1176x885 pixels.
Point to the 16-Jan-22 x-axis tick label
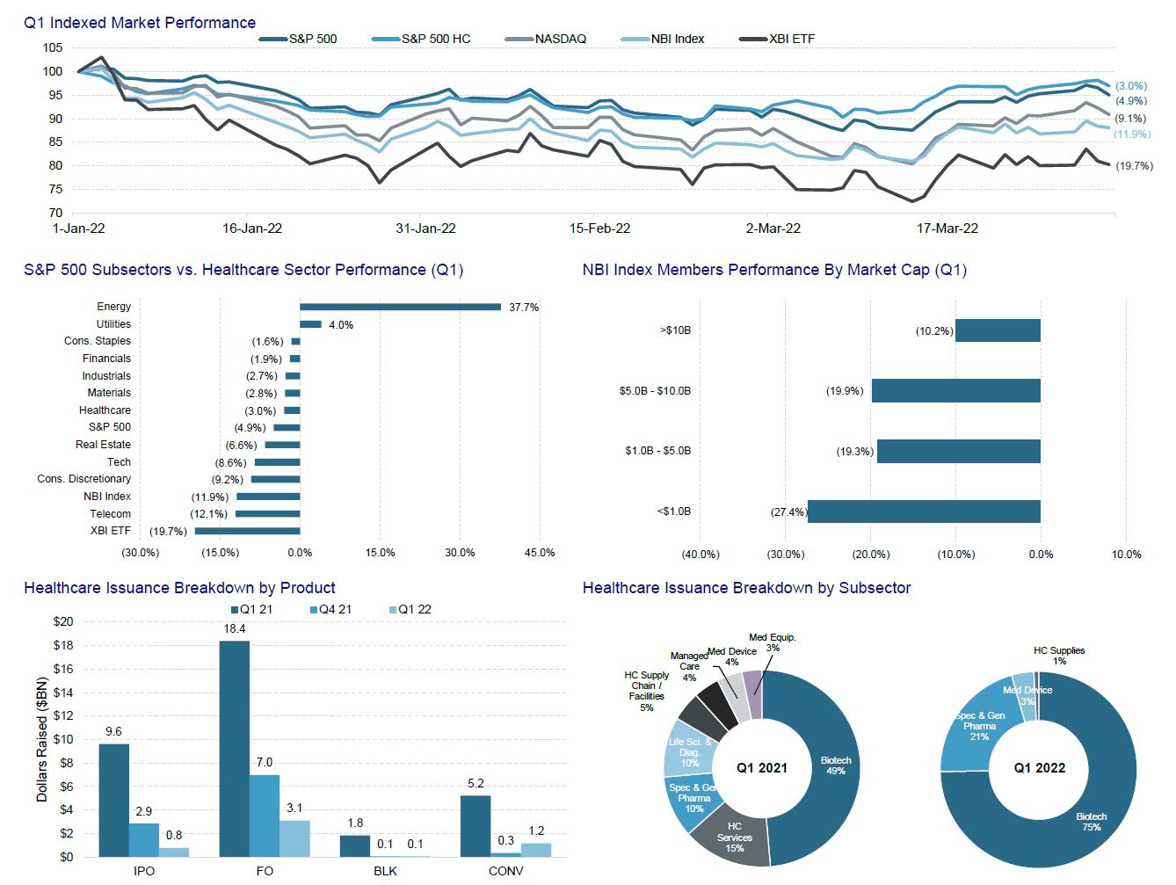[252, 229]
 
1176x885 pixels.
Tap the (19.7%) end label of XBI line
[1134, 166]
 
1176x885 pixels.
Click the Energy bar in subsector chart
[400, 307]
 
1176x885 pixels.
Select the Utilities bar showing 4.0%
[310, 324]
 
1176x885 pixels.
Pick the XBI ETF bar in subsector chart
[247, 531]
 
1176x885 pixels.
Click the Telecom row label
[110, 514]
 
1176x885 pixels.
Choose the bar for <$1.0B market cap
[924, 511]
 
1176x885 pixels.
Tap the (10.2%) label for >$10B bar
[933, 331]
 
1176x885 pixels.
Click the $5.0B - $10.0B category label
[655, 391]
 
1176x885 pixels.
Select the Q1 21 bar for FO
[234, 748]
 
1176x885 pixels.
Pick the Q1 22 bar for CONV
[536, 850]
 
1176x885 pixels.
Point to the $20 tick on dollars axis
[63, 622]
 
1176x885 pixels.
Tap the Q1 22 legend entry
[414, 610]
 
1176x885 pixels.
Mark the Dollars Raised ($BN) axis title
[42, 739]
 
